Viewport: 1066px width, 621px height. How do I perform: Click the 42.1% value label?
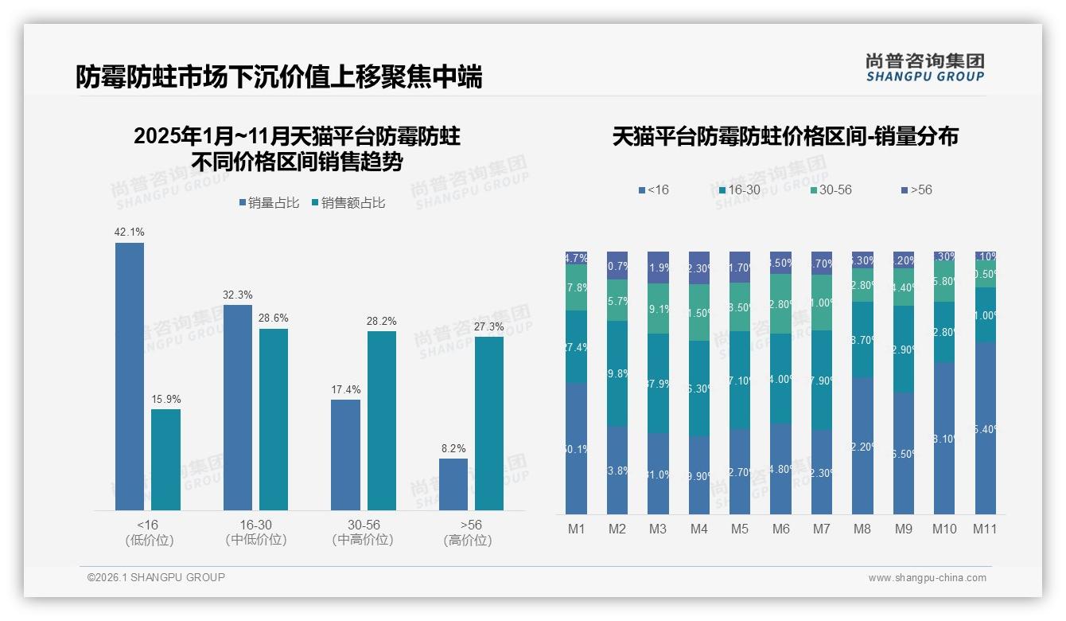pyautogui.click(x=130, y=232)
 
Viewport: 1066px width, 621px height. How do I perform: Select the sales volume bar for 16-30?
pyautogui.click(x=238, y=407)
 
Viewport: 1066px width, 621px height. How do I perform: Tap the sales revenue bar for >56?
pyautogui.click(x=489, y=423)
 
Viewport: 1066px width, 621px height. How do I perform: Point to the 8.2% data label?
pyautogui.click(x=453, y=448)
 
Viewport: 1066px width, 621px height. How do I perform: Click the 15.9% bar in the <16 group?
pyautogui.click(x=165, y=459)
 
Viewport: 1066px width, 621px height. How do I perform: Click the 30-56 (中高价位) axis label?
pyautogui.click(x=363, y=533)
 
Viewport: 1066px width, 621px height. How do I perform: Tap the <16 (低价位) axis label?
pyautogui.click(x=149, y=533)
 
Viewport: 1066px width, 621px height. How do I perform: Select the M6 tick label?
pyautogui.click(x=780, y=529)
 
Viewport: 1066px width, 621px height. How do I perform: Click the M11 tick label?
pyautogui.click(x=985, y=529)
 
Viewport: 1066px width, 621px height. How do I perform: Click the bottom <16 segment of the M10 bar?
pyautogui.click(x=944, y=438)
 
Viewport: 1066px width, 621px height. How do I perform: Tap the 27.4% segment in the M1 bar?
pyautogui.click(x=577, y=347)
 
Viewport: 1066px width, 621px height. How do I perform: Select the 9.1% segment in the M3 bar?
pyautogui.click(x=658, y=309)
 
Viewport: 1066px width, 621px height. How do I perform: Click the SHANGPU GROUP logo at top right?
pyautogui.click(x=924, y=68)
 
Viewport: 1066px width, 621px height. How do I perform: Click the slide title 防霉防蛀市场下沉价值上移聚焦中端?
pyautogui.click(x=278, y=77)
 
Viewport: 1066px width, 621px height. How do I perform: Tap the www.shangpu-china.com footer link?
pyautogui.click(x=927, y=578)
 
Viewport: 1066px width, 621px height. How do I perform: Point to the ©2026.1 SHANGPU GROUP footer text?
pyautogui.click(x=156, y=577)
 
